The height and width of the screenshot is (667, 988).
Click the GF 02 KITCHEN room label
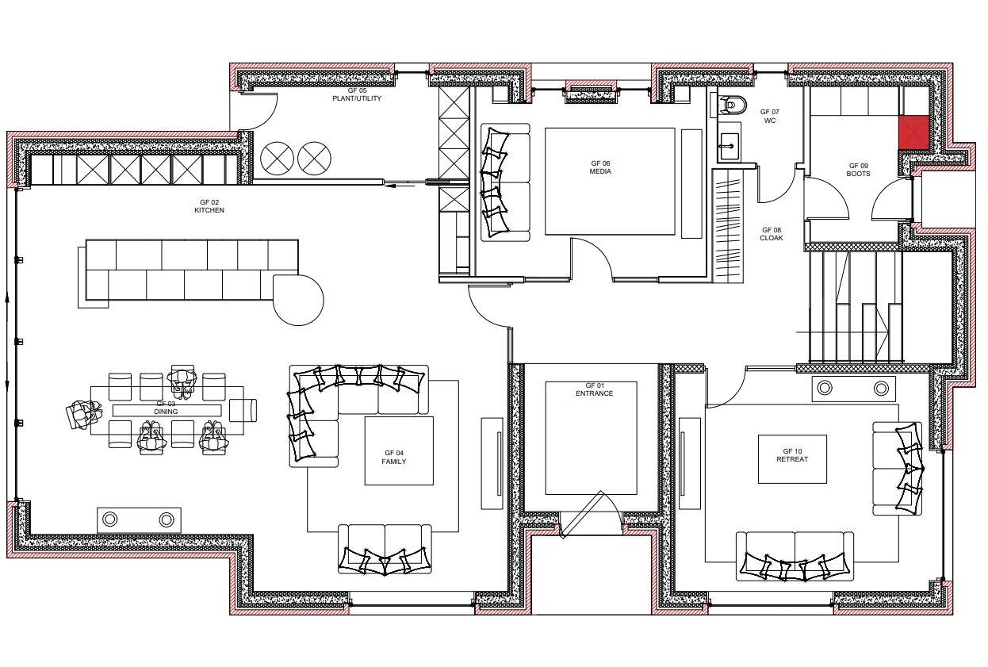[209, 206]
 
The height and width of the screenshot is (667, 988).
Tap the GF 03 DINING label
[166, 408]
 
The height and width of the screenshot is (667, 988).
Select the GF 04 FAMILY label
[394, 457]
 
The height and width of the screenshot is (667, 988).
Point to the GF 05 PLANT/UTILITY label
[357, 94]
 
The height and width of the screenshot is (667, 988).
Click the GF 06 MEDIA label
[600, 167]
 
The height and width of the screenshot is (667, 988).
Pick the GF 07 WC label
[769, 117]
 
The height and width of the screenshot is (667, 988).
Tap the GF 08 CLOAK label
[771, 234]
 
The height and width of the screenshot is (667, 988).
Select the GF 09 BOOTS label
[858, 170]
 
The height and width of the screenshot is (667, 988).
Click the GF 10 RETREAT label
[792, 455]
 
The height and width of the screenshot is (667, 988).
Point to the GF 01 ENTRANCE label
[595, 389]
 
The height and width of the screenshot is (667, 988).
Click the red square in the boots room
[913, 132]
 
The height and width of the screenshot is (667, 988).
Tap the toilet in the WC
[731, 103]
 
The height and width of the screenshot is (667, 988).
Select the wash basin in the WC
[730, 145]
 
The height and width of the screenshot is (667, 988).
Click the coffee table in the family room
[399, 450]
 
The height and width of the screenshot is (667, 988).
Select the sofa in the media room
[505, 182]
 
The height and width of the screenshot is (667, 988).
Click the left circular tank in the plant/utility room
[278, 158]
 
